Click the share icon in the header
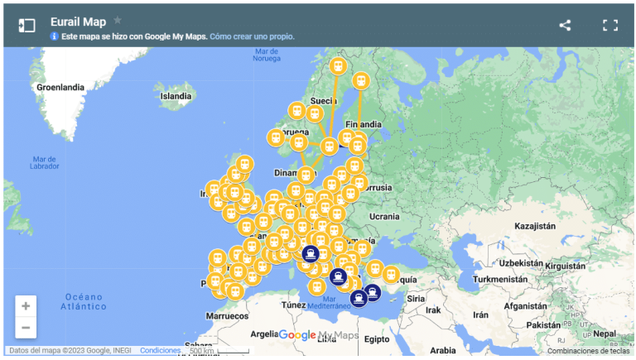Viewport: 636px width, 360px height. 565,25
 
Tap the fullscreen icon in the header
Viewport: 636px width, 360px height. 610,25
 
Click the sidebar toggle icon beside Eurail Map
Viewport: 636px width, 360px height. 27,25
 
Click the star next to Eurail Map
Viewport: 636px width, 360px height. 118,20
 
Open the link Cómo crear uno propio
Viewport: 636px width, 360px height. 252,36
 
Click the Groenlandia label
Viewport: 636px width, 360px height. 60,87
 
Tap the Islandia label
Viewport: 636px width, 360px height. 176,96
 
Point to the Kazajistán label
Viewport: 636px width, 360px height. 533,226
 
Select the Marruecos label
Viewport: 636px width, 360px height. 227,315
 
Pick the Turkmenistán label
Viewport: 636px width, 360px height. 499,279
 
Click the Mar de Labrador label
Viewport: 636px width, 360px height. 45,162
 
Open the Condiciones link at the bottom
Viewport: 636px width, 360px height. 160,351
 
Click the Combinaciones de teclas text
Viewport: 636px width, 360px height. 589,351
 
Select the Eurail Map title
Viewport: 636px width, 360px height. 78,22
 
